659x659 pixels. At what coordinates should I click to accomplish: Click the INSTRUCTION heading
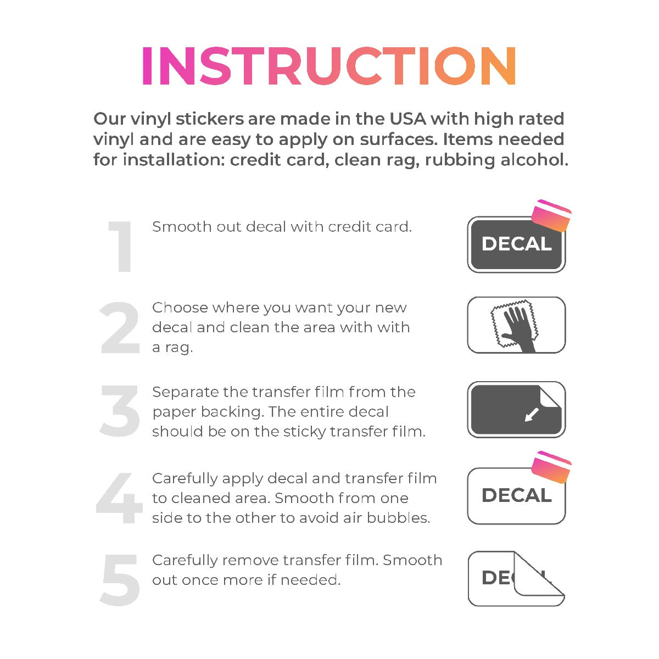point(328,65)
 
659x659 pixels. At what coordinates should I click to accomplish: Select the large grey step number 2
point(120,327)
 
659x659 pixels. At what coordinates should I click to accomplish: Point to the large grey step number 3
point(120,410)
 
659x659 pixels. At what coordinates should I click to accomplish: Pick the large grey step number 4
point(119,498)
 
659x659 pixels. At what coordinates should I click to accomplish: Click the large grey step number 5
point(120,580)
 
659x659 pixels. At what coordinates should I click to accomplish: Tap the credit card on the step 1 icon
point(551,215)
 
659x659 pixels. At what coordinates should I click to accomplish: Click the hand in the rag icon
point(520,328)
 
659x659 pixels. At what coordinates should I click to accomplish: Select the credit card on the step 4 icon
point(551,467)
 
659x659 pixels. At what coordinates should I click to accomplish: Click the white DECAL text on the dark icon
point(516,244)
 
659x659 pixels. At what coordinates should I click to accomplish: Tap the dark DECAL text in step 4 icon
point(516,495)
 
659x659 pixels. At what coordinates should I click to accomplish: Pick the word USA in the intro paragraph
point(407,119)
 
